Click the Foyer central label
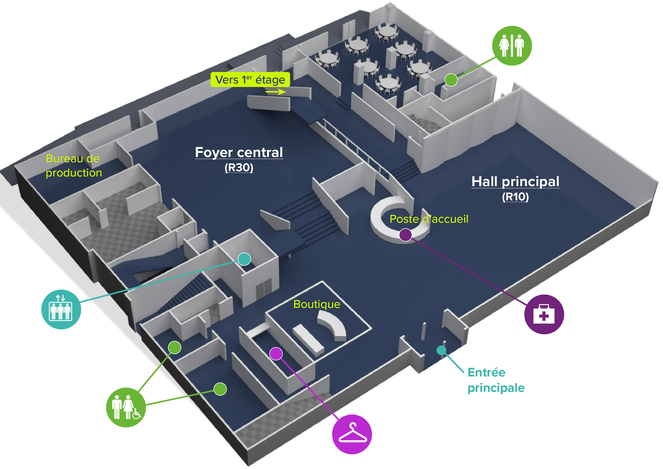[239, 152]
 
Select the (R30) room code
[239, 167]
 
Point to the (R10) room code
[515, 197]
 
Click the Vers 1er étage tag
[250, 79]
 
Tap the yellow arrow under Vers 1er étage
[276, 92]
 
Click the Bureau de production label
[74, 166]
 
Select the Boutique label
[317, 304]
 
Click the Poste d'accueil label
[429, 219]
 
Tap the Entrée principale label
[496, 380]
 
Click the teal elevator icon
[61, 309]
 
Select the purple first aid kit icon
[544, 314]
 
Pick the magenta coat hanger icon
[352, 434]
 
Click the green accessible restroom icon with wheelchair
[126, 407]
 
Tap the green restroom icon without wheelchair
[512, 46]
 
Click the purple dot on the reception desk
[405, 235]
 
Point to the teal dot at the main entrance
[441, 350]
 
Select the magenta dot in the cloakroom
[276, 354]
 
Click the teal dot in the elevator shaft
[245, 259]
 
